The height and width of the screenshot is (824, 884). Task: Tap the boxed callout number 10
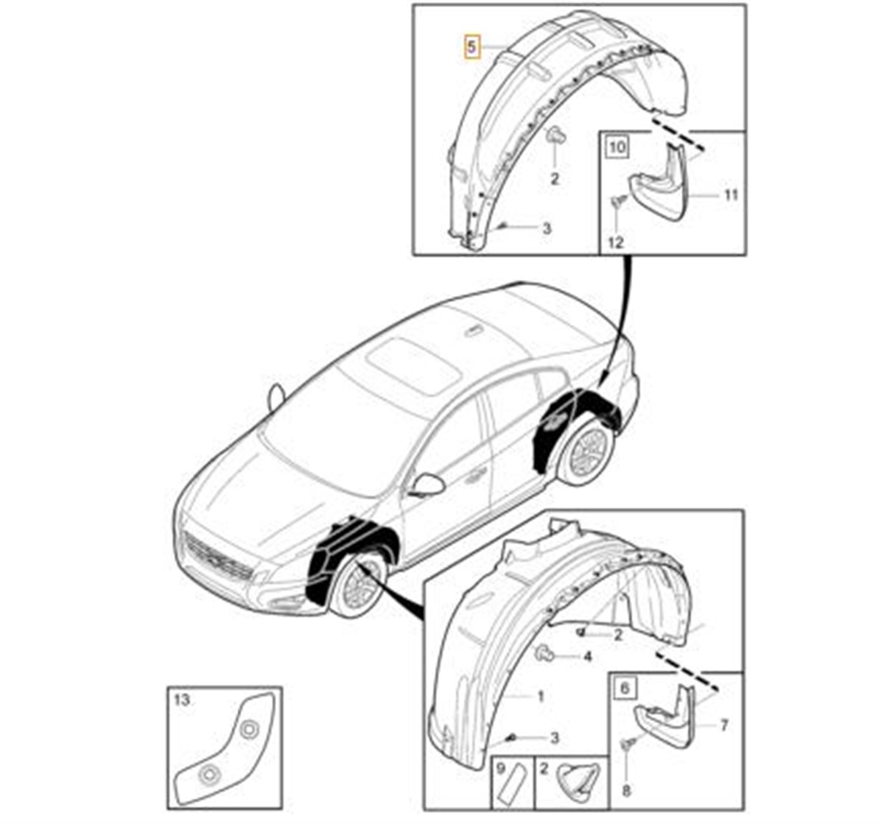pyautogui.click(x=617, y=147)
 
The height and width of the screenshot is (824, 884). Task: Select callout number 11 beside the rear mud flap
pyautogui.click(x=732, y=195)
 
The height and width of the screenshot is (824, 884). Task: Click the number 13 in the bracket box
pyautogui.click(x=182, y=700)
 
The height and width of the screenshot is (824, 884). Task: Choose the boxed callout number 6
pyautogui.click(x=625, y=688)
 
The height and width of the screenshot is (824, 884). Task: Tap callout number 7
pyautogui.click(x=723, y=725)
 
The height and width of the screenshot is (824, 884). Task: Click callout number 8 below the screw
pyautogui.click(x=626, y=791)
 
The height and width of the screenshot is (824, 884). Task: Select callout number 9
pyautogui.click(x=501, y=769)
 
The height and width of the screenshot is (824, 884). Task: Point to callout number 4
pyautogui.click(x=588, y=656)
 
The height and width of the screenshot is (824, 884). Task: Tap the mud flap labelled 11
pyautogui.click(x=659, y=181)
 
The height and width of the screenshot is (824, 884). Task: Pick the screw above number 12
pyautogui.click(x=618, y=202)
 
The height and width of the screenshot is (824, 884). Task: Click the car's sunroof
pyautogui.click(x=407, y=365)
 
